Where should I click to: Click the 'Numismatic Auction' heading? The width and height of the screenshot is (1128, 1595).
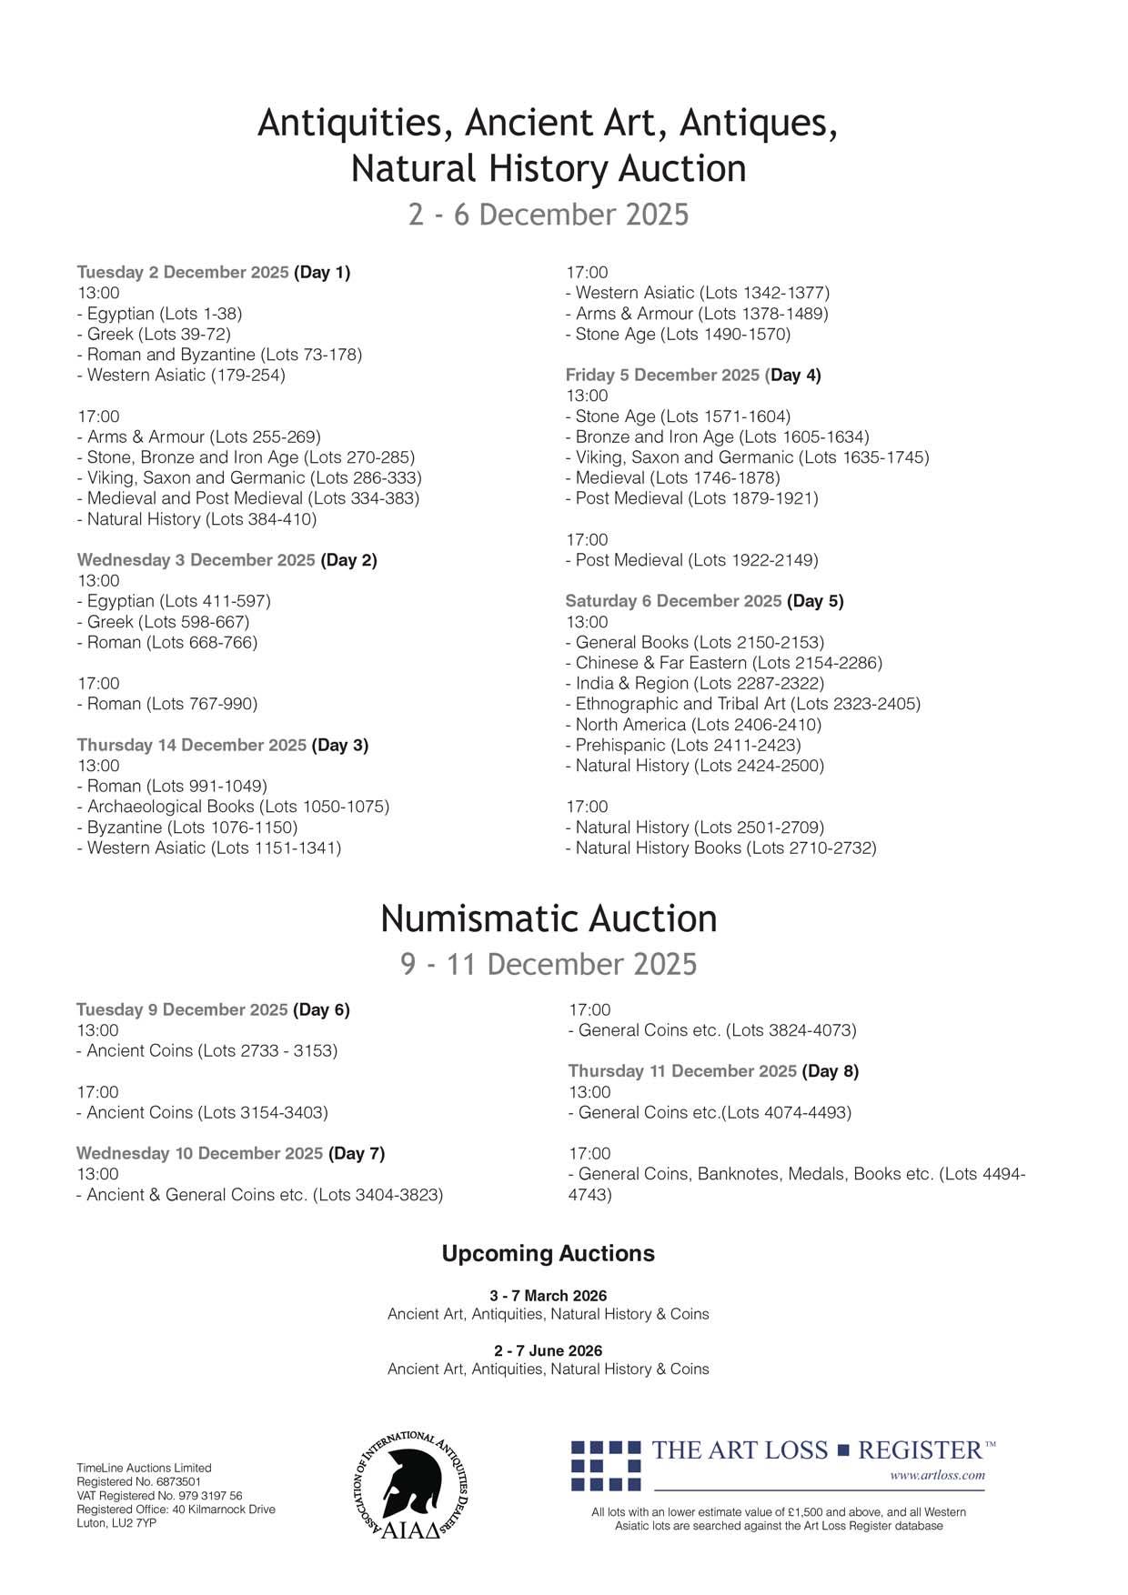549,918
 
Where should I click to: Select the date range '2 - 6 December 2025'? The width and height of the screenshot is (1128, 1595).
549,215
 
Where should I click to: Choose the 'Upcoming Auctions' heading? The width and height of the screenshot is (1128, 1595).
548,1253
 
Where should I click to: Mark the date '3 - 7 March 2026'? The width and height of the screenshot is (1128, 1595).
548,1295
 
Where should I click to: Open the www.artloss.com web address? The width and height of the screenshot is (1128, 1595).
937,1475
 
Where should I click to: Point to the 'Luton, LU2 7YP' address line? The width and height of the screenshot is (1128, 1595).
116,1523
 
